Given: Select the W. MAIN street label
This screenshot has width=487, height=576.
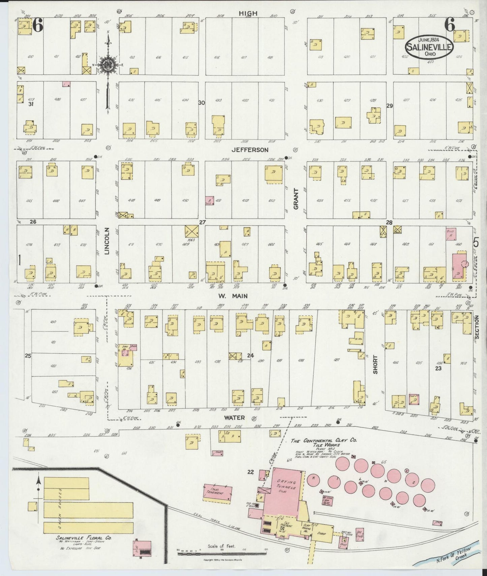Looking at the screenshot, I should click(233, 296).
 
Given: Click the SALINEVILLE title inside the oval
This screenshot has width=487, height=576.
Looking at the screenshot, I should click(429, 47).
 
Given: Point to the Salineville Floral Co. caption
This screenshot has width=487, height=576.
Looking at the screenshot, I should click(84, 538).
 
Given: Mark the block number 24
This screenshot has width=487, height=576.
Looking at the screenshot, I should click(250, 355).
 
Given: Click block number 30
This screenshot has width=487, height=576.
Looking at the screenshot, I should click(202, 103).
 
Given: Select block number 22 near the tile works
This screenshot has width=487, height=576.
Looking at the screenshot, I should click(250, 472).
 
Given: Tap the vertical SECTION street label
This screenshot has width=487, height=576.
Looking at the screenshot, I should click(477, 326).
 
